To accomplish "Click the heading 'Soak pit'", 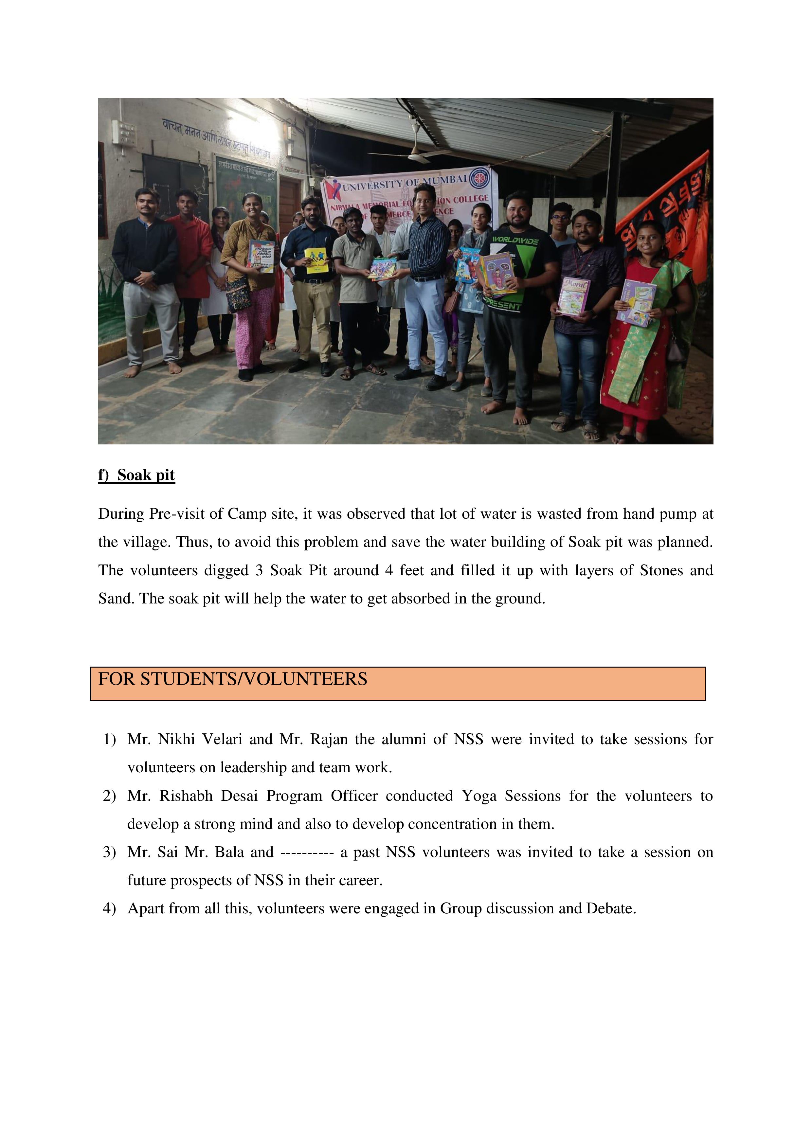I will [x=146, y=475].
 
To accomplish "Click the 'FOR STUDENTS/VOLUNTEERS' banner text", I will [x=232, y=679].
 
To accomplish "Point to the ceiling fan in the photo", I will [x=415, y=150].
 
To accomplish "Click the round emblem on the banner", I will [x=479, y=177].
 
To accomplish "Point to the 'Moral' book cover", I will [x=573, y=296].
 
